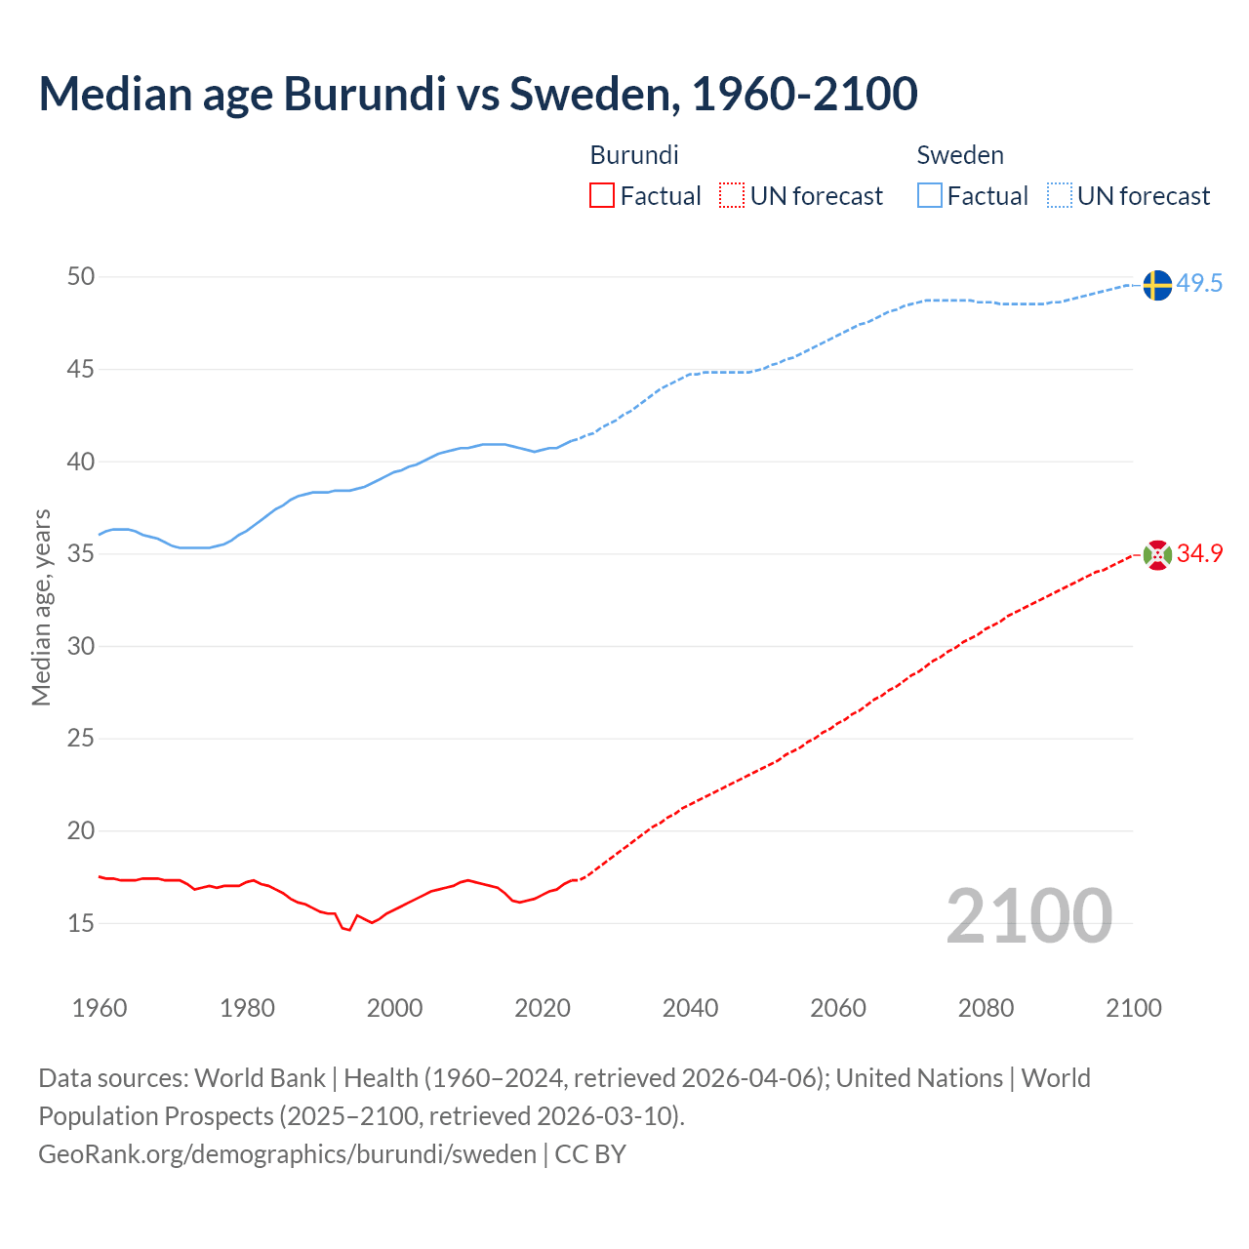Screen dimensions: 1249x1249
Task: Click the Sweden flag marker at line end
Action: coord(1157,285)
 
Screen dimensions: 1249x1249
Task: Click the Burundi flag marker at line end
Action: coord(1157,554)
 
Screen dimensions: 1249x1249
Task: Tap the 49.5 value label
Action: coord(1199,284)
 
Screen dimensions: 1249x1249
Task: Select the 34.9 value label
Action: coord(1199,553)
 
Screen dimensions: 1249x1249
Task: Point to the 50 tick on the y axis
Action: coord(81,277)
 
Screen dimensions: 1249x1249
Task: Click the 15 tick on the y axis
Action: coord(81,923)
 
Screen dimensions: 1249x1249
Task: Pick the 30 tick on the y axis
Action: coord(81,646)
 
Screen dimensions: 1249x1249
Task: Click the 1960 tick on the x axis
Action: coord(100,1008)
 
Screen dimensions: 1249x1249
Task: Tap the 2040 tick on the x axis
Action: coord(690,1008)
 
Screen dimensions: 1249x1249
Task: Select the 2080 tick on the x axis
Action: coord(986,1008)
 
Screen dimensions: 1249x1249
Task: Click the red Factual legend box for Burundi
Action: coord(602,196)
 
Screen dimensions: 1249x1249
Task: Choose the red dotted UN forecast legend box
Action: coord(732,196)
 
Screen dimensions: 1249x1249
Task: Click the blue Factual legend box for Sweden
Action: coord(930,196)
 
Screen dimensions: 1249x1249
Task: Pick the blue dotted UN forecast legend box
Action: coord(1060,196)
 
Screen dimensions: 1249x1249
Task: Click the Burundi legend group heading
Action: coord(634,155)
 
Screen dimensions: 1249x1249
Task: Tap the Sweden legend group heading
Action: coord(960,155)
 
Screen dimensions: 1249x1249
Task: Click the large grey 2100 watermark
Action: coord(1028,916)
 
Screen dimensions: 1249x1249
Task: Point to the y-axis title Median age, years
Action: coord(41,607)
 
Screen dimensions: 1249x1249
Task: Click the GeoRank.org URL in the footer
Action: coord(287,1154)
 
